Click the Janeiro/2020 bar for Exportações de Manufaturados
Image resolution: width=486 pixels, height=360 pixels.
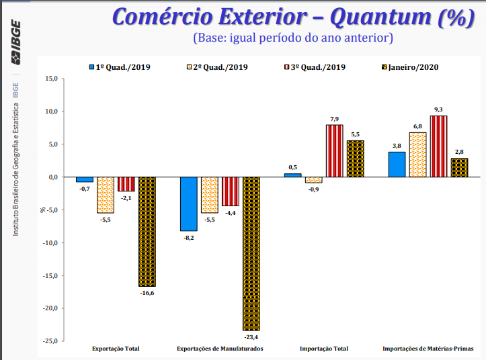point(251,254)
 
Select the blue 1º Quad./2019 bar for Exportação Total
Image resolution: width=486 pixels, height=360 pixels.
point(85,179)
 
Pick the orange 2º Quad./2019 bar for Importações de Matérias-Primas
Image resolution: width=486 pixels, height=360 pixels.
point(417,154)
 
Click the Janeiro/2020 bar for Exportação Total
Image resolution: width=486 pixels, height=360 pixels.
point(147,232)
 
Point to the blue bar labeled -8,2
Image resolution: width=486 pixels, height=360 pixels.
point(189,204)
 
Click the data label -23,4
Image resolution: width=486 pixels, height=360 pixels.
point(251,337)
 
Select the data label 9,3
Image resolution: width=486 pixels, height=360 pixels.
point(438,109)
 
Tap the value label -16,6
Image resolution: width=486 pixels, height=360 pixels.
point(147,293)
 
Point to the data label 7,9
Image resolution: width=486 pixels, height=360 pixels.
point(335,118)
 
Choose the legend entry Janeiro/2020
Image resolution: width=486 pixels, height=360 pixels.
point(411,67)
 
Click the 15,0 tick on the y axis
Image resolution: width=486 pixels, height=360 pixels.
point(52,79)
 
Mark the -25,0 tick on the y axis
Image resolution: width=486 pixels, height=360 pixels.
point(50,341)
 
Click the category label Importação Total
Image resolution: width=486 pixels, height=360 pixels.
point(324,349)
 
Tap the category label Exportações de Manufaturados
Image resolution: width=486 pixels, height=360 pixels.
point(220,349)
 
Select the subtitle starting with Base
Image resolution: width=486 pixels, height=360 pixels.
point(292,38)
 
